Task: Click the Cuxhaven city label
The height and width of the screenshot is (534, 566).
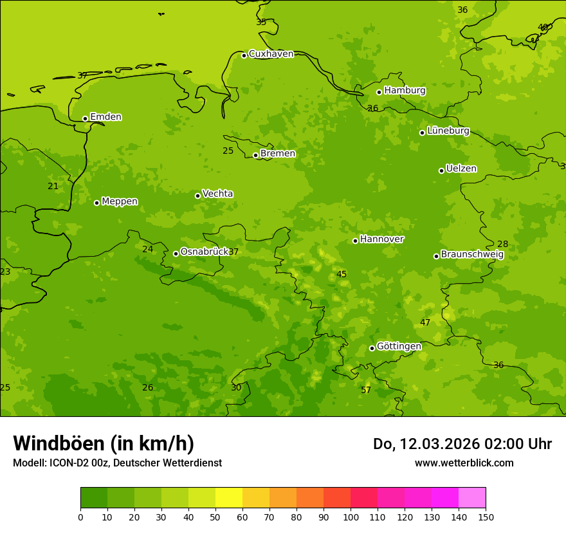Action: [x=271, y=54]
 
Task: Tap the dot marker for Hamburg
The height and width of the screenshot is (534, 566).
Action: [x=379, y=92]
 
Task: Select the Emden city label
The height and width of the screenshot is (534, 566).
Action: [x=105, y=117]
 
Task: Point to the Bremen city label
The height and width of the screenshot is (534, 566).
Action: [x=277, y=154]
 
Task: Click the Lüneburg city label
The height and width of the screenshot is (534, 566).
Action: [x=448, y=131]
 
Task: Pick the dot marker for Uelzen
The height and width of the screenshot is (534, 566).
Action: [x=441, y=170]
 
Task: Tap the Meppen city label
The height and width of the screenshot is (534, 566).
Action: [x=120, y=201]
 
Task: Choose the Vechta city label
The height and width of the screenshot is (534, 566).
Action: [x=217, y=194]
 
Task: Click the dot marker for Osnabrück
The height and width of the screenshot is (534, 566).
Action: [x=176, y=253]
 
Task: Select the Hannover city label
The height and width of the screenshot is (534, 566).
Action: [x=381, y=239]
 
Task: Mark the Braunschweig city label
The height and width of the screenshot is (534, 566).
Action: [x=472, y=255]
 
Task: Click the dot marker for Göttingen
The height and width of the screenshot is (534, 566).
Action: [x=372, y=348]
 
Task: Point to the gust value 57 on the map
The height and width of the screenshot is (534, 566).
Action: [x=366, y=391]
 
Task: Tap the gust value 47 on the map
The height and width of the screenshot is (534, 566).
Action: [x=425, y=322]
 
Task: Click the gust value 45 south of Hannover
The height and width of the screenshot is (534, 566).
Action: [x=342, y=275]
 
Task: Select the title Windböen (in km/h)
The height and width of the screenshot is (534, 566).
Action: [x=104, y=443]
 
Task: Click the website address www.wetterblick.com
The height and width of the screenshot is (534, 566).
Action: [x=464, y=463]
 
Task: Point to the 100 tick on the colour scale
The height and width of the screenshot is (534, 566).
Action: [x=351, y=517]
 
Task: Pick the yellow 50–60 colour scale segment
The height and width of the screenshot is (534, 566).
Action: [x=229, y=498]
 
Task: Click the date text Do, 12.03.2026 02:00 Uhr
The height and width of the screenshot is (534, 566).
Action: [x=462, y=444]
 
